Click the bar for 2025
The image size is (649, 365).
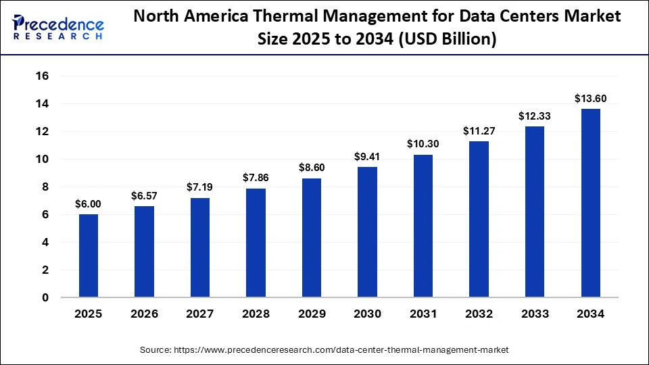click(89, 255)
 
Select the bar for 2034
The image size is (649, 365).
click(590, 203)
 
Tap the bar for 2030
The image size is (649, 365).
click(367, 232)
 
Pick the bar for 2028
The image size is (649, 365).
click(256, 243)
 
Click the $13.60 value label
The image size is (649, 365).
click(590, 99)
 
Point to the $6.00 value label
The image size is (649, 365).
click(89, 203)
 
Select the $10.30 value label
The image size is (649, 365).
click(423, 144)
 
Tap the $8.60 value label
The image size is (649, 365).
click(312, 168)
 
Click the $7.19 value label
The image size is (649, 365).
click(200, 187)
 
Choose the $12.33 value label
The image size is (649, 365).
click(534, 116)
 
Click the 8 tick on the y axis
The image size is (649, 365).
click(45, 187)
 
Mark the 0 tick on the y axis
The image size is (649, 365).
click(45, 297)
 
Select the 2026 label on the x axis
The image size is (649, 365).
click(144, 314)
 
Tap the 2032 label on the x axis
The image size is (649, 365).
click(479, 314)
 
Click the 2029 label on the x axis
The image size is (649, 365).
click(312, 314)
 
